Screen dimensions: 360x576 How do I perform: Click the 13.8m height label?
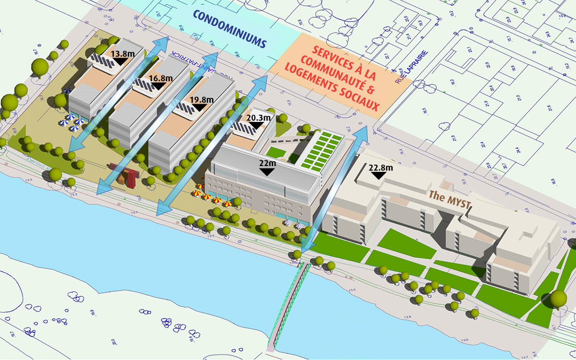(x=122, y=54)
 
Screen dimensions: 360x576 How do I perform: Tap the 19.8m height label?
(x=201, y=100)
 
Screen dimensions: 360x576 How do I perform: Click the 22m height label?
(x=267, y=164)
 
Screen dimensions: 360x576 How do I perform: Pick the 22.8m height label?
(x=381, y=168)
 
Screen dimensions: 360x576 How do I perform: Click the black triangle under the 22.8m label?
(x=379, y=176)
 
